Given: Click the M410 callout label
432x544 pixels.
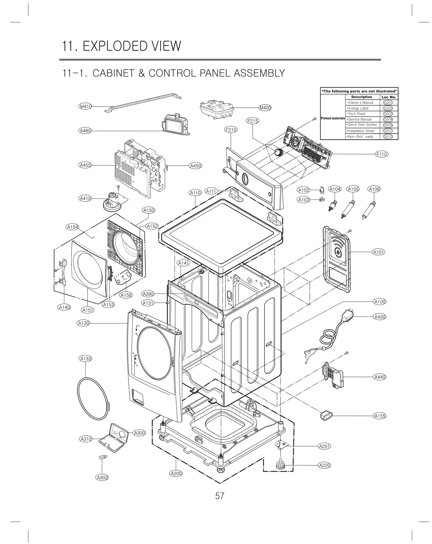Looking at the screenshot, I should (85, 107).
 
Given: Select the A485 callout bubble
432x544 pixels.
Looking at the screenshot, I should (85, 131).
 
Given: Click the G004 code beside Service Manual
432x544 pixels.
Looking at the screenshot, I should (388, 119).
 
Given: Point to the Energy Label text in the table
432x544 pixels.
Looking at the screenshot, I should (358, 108).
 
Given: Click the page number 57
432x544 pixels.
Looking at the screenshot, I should (220, 496).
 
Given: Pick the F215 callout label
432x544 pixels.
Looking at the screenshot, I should (252, 121).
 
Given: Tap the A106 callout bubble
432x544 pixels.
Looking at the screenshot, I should (374, 189).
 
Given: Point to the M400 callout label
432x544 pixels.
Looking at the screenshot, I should (265, 108).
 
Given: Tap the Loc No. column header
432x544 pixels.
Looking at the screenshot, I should (389, 97).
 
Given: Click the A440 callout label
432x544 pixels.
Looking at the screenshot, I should (380, 377).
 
